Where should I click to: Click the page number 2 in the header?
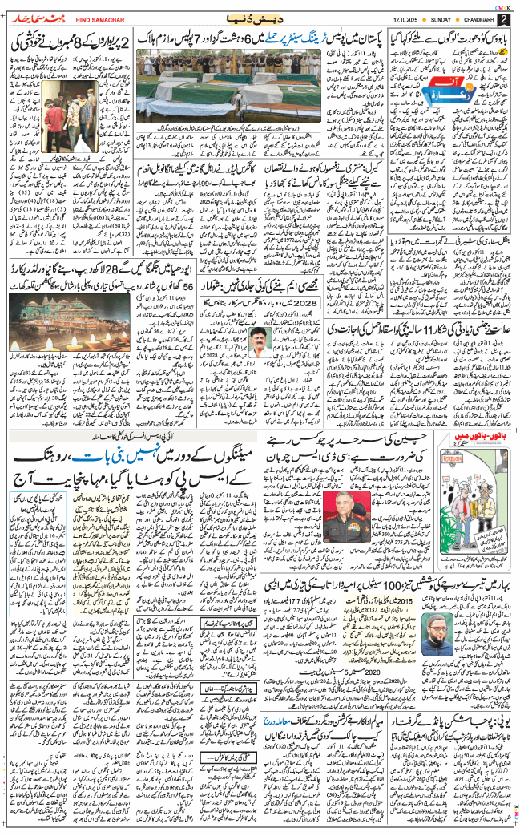(503, 18)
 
